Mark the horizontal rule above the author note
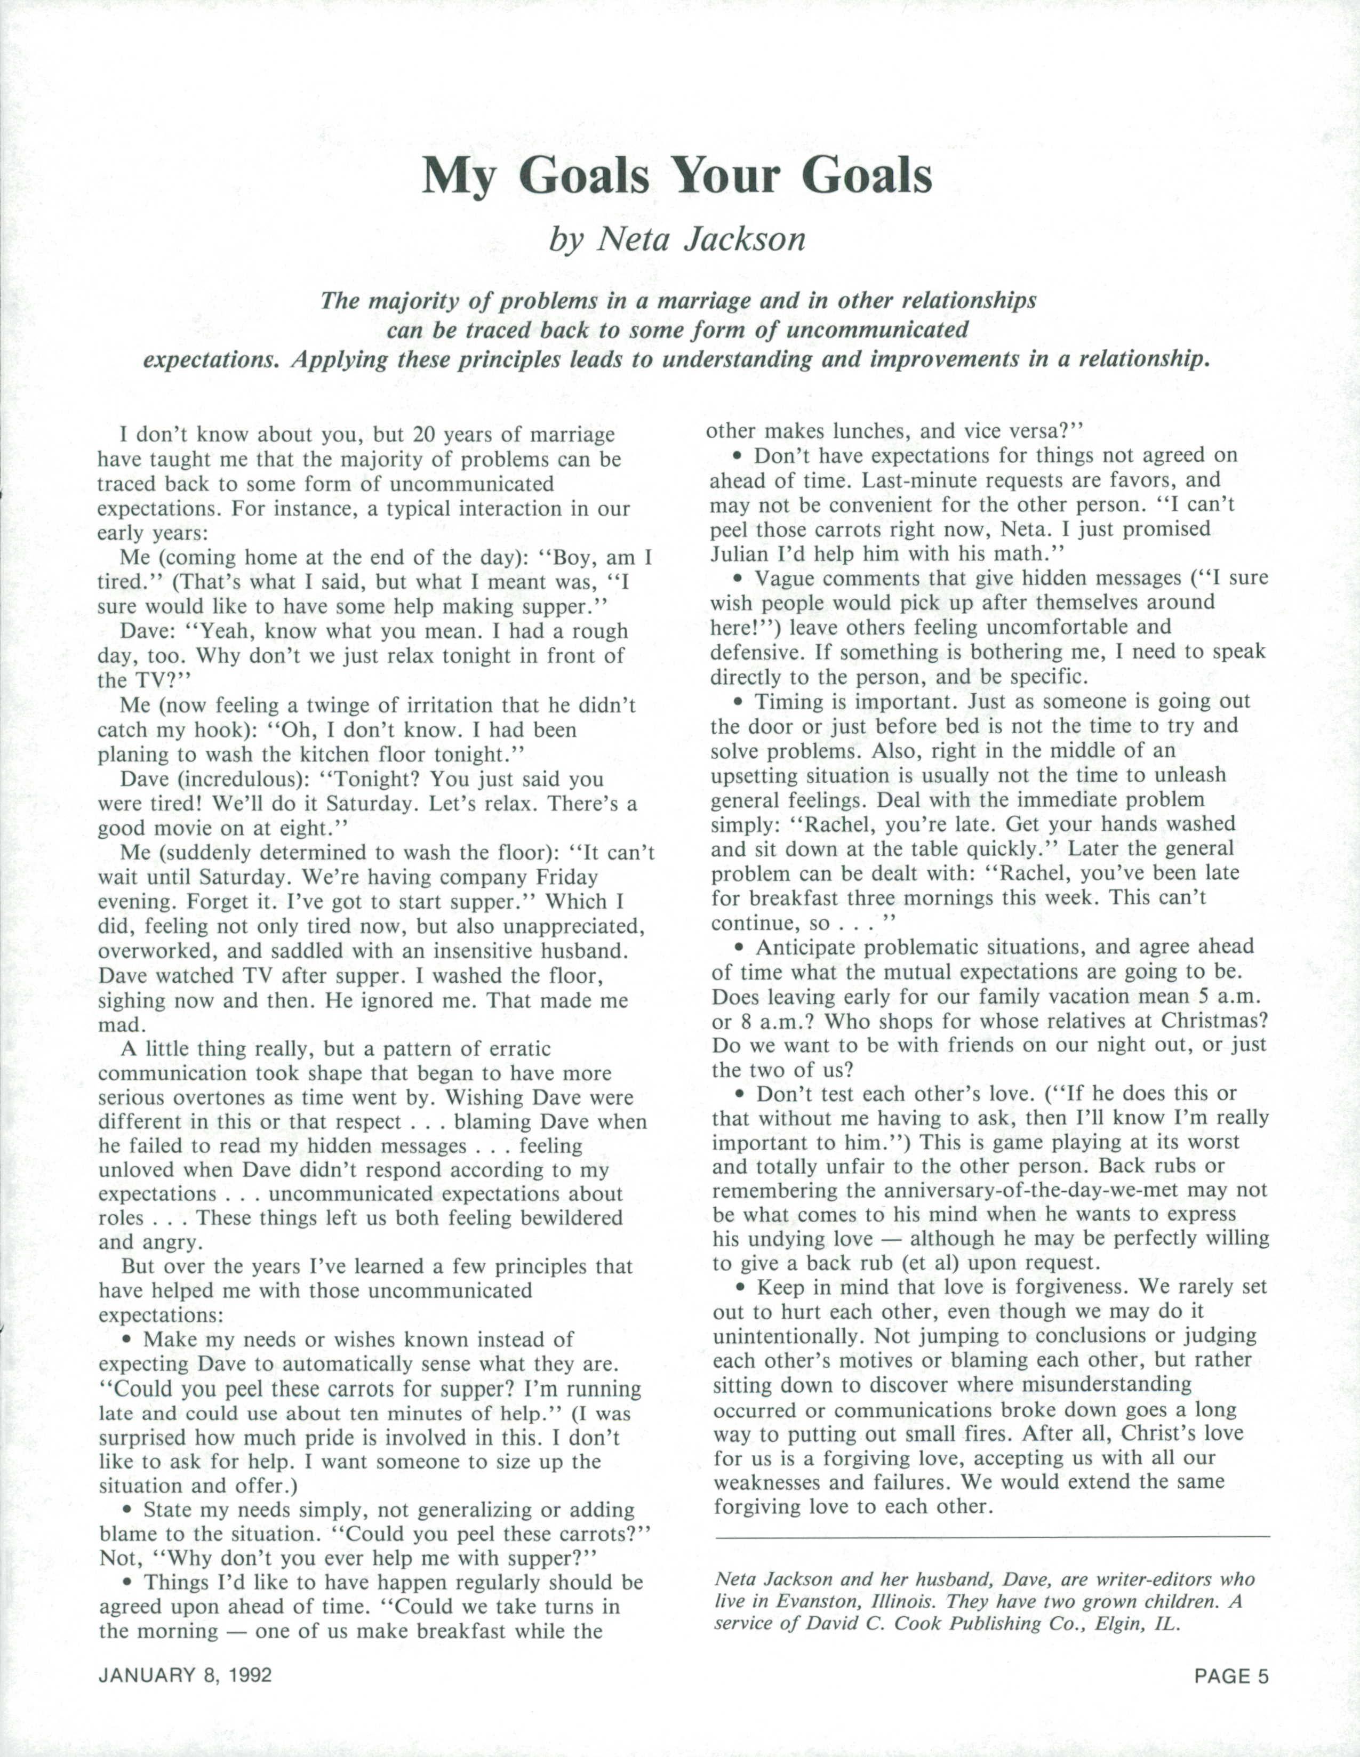(x=991, y=1537)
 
